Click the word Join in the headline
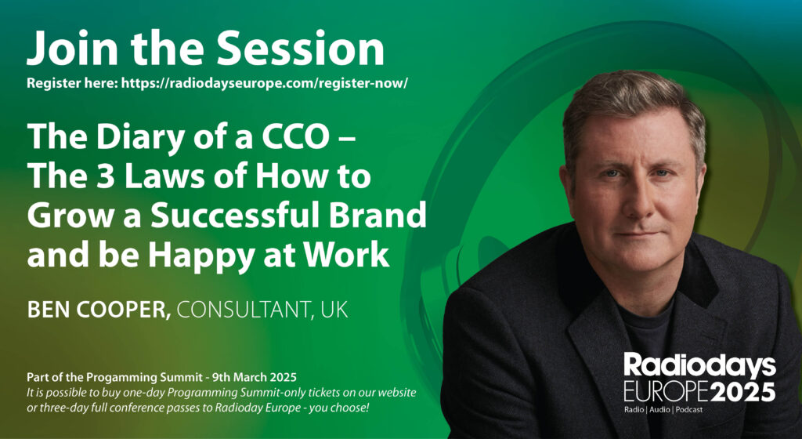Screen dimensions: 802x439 71,48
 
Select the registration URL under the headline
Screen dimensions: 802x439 265,83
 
